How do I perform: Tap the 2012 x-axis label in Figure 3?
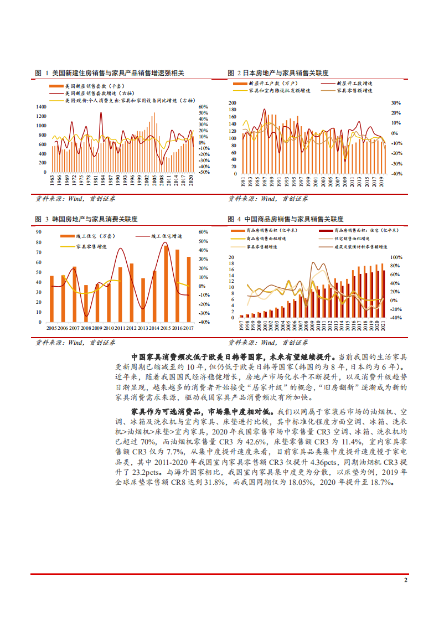click(x=131, y=328)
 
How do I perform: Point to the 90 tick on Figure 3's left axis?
click(x=40, y=232)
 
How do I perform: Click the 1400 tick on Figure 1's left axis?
click(x=42, y=107)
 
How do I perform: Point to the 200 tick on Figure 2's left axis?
click(x=232, y=103)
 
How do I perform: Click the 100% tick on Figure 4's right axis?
click(x=396, y=258)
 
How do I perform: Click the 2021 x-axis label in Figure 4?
click(x=384, y=326)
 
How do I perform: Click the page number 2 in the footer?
click(x=406, y=581)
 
